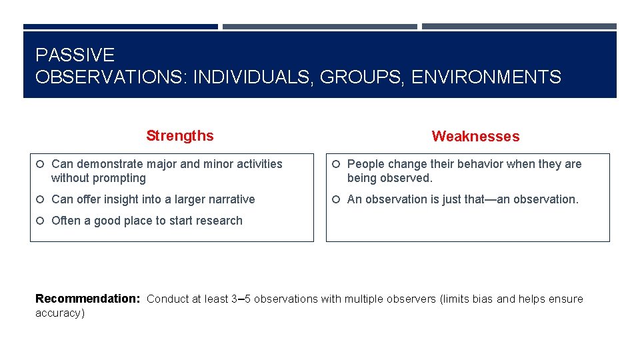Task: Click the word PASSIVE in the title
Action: pyautogui.click(x=75, y=55)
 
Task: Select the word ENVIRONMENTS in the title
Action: pyautogui.click(x=486, y=77)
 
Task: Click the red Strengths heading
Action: pyautogui.click(x=180, y=136)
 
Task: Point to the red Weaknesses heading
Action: pyautogui.click(x=475, y=137)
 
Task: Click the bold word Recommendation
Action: pyautogui.click(x=87, y=299)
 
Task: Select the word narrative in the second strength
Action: pyautogui.click(x=229, y=199)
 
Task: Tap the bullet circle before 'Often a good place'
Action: pyautogui.click(x=41, y=221)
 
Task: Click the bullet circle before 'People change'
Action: pyautogui.click(x=337, y=164)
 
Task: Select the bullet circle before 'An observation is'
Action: pyautogui.click(x=337, y=199)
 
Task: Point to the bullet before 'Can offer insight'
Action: pyautogui.click(x=41, y=199)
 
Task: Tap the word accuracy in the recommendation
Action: pyautogui.click(x=59, y=313)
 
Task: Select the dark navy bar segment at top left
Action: pyautogui.click(x=121, y=27)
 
